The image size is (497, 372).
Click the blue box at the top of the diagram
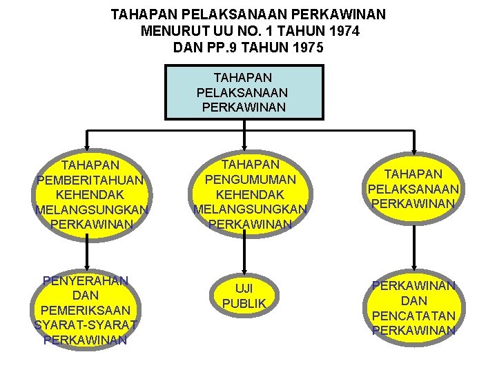pyautogui.click(x=244, y=92)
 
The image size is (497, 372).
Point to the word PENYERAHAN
pyautogui.click(x=86, y=280)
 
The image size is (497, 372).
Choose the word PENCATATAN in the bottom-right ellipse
pyautogui.click(x=413, y=316)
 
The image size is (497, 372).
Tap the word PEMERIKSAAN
pyautogui.click(x=86, y=310)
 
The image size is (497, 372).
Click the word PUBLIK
pyautogui.click(x=244, y=302)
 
